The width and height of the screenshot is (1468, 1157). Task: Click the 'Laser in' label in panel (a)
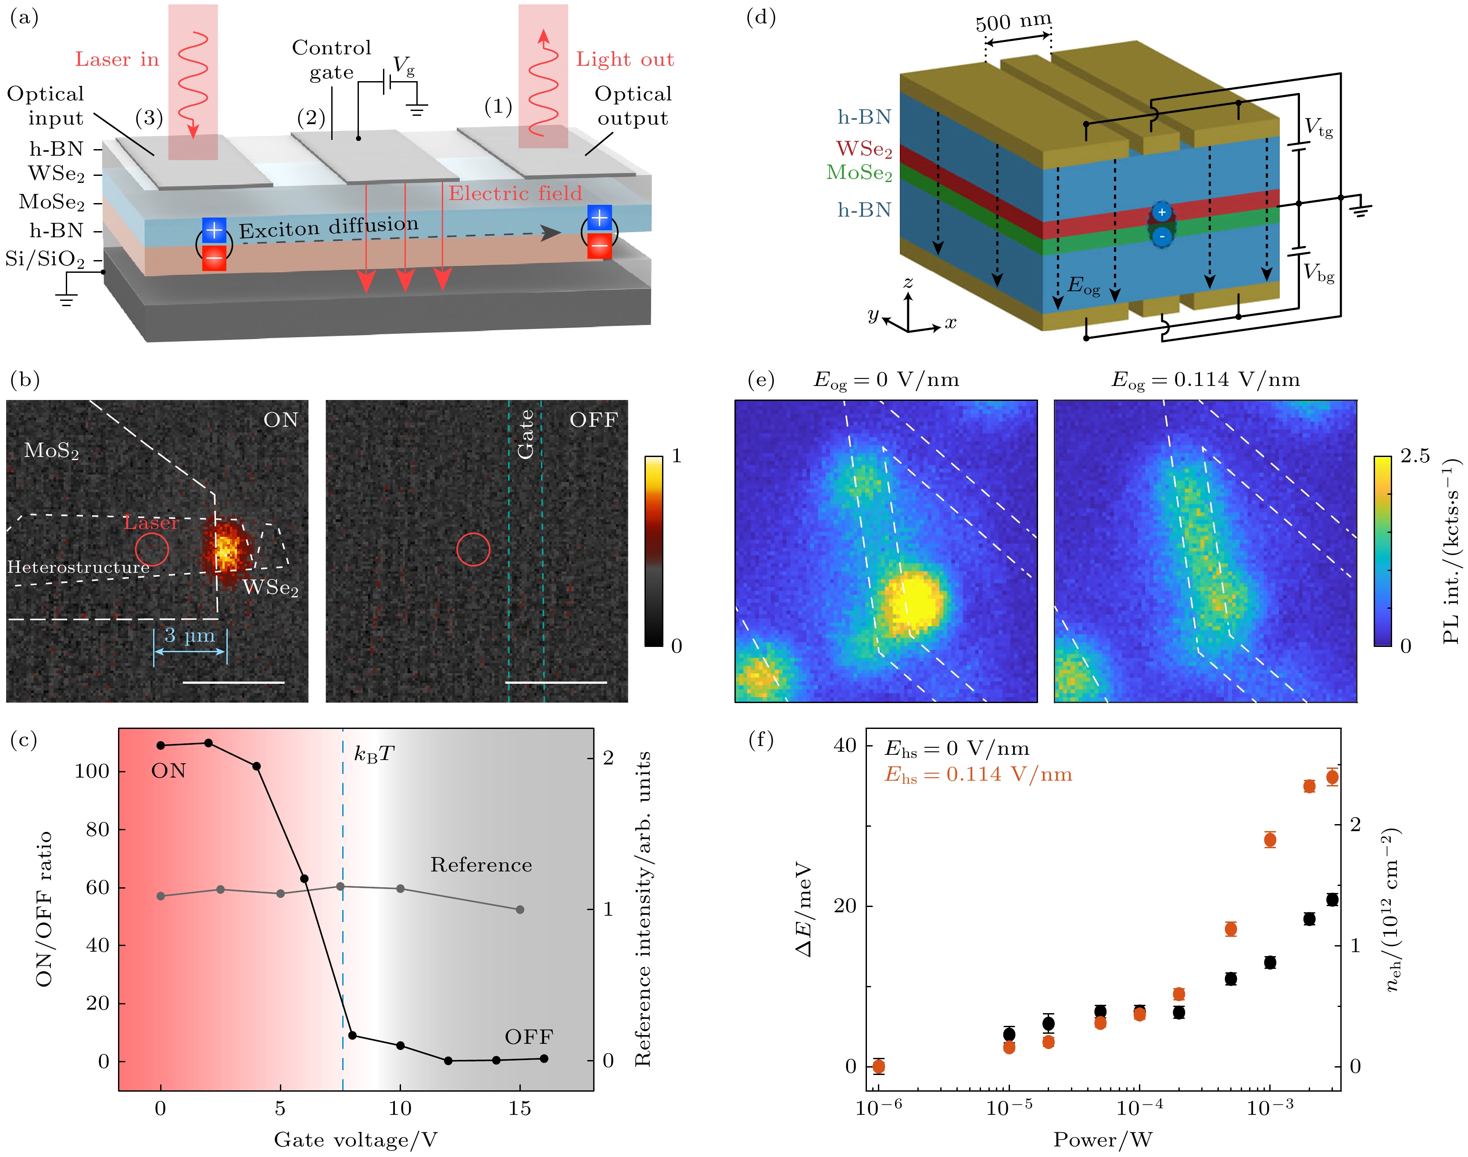pyautogui.click(x=117, y=60)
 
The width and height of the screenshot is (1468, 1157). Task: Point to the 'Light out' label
pyautogui.click(x=625, y=60)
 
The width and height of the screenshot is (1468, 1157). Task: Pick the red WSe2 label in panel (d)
pyautogui.click(x=864, y=149)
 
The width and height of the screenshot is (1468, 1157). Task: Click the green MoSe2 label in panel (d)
pyautogui.click(x=859, y=173)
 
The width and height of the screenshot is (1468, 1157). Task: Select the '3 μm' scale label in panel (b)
pyautogui.click(x=190, y=636)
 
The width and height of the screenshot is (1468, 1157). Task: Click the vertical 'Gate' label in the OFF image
pyautogui.click(x=526, y=435)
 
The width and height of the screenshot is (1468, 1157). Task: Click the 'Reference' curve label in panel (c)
pyautogui.click(x=481, y=865)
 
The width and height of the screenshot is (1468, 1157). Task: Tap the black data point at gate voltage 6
pyautogui.click(x=304, y=878)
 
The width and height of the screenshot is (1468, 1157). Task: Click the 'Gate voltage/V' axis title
pyautogui.click(x=356, y=1140)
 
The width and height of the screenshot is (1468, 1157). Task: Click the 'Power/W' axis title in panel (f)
pyautogui.click(x=1102, y=1140)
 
